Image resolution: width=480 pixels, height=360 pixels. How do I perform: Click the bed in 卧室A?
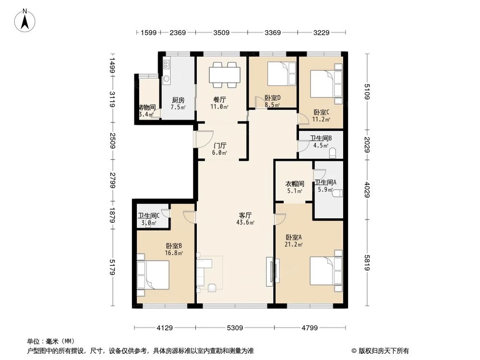[x=325, y=271]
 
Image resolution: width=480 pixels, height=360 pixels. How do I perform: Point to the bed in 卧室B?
[x=154, y=275]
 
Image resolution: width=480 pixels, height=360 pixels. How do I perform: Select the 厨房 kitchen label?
[x=178, y=100]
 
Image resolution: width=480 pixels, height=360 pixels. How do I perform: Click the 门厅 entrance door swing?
[x=203, y=139]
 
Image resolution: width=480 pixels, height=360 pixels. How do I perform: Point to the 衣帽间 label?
[x=295, y=184]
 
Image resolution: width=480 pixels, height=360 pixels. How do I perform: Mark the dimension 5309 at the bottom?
[x=235, y=328]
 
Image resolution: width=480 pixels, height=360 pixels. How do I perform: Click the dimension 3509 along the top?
[x=221, y=33]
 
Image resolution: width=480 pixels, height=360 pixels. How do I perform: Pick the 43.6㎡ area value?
[x=245, y=222]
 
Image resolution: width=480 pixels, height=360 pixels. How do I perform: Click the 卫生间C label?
[x=148, y=216]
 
